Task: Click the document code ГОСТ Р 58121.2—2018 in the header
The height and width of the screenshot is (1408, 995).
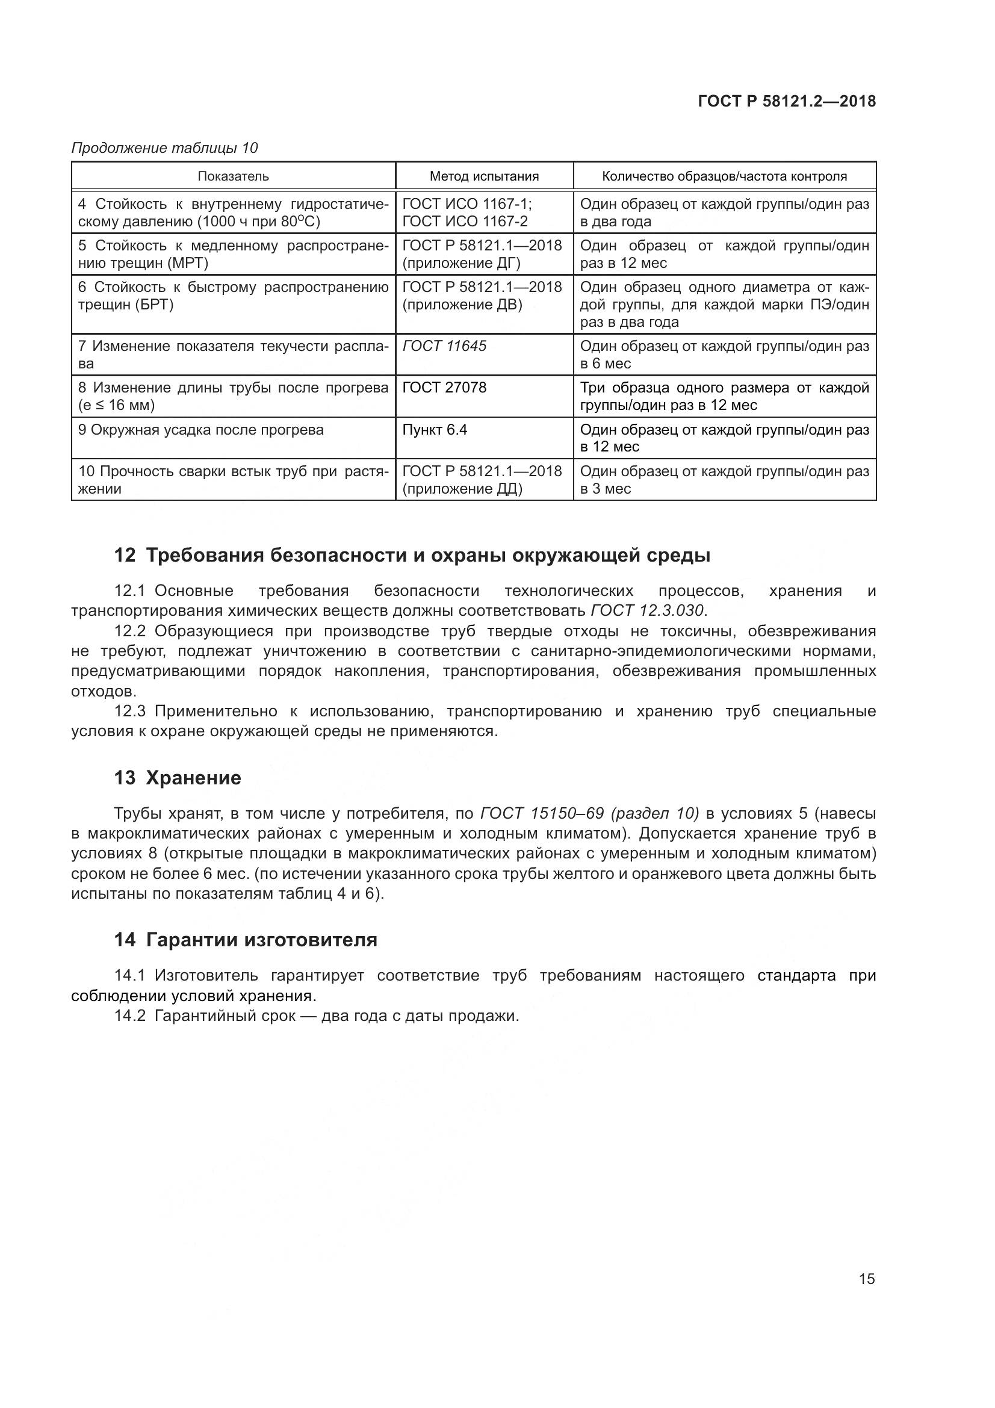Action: click(x=787, y=101)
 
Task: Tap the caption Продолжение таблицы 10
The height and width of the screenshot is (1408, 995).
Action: click(x=164, y=148)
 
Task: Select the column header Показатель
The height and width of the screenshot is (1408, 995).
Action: click(x=233, y=176)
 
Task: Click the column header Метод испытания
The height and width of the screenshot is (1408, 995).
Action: click(x=484, y=176)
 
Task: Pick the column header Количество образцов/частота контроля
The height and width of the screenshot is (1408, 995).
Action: click(x=724, y=176)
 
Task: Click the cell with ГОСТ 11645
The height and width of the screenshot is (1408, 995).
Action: click(x=444, y=347)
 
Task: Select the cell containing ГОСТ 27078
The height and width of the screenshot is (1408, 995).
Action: click(x=444, y=388)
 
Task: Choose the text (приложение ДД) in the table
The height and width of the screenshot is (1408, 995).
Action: click(x=462, y=489)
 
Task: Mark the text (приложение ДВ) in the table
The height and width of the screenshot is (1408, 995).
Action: click(x=462, y=305)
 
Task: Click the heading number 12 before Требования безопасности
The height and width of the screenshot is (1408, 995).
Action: click(x=125, y=556)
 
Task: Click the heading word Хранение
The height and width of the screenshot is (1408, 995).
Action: click(x=193, y=778)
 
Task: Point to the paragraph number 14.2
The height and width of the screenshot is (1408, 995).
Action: click(x=129, y=1016)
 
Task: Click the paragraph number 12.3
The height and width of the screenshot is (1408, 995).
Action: click(x=129, y=712)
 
